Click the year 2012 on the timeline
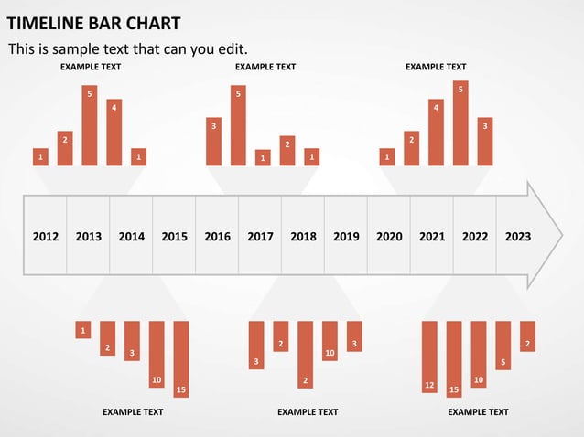click(46, 237)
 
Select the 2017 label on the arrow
click(260, 237)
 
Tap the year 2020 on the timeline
click(389, 237)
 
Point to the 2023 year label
click(518, 237)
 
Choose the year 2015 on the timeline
click(174, 237)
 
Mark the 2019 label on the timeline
click(346, 237)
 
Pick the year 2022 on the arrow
click(475, 237)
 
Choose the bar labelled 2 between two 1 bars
click(287, 150)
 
